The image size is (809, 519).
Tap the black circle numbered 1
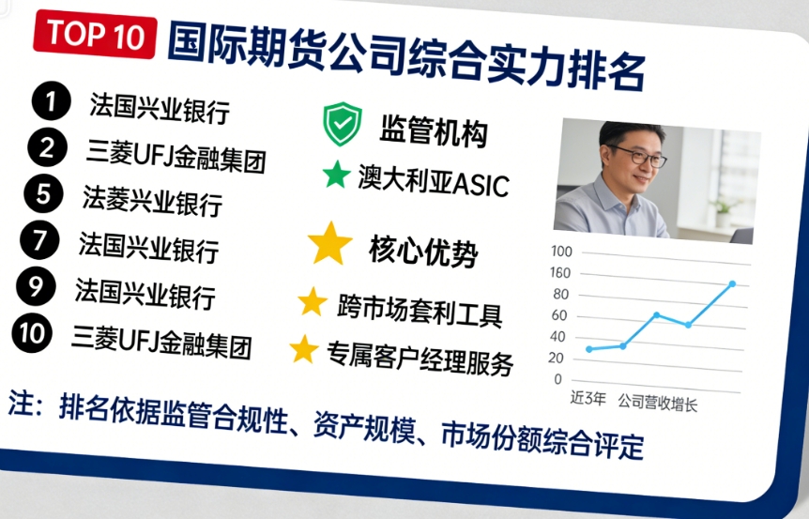[51, 100]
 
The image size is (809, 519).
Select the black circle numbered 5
[43, 194]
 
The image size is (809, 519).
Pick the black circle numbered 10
[33, 333]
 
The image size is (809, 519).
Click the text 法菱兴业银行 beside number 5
[152, 200]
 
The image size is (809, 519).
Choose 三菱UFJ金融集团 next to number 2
[176, 156]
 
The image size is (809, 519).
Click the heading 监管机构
[434, 132]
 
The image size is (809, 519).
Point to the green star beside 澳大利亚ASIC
[336, 175]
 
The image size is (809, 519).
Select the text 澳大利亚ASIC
[433, 180]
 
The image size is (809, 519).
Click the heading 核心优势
[423, 252]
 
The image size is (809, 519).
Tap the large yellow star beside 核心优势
[330, 243]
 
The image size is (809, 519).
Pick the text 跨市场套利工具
[420, 309]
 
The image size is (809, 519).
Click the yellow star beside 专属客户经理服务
[303, 349]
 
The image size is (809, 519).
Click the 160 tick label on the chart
[560, 273]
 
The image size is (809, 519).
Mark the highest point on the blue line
[732, 283]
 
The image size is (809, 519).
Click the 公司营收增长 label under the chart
[657, 404]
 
